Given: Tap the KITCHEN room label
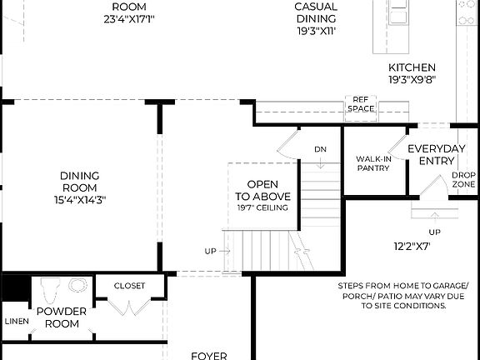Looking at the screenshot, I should point(412,67).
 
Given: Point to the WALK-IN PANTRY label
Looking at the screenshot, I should point(373,162).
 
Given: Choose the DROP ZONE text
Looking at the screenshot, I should point(463,179).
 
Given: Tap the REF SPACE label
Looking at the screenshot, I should point(361,103).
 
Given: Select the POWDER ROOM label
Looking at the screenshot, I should point(62,317).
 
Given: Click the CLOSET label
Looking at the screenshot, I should point(129,286).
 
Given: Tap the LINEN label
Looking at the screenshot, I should point(15,321).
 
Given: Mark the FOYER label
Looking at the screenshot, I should point(209,355).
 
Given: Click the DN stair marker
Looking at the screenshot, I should point(320,149).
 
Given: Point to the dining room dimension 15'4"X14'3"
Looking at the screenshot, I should point(80,199).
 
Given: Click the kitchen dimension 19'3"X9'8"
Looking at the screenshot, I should point(412,81).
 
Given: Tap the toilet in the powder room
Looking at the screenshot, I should point(48,292).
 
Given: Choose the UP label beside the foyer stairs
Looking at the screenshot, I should point(211,251).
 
